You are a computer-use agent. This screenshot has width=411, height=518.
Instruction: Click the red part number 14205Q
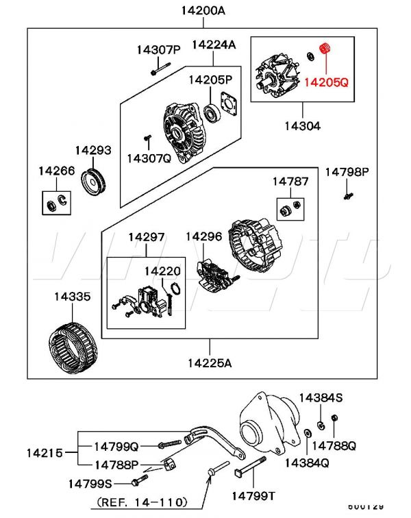[325, 82]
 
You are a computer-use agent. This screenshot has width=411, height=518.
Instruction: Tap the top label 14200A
[203, 10]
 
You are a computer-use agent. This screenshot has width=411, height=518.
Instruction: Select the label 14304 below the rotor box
[303, 126]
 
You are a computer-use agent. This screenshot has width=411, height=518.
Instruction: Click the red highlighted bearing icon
[325, 50]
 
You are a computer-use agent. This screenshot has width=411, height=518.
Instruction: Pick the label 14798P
[347, 171]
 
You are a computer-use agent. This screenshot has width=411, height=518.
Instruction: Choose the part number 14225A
[209, 363]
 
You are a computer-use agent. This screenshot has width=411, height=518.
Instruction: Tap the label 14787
[290, 182]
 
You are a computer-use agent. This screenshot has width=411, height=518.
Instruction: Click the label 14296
[203, 236]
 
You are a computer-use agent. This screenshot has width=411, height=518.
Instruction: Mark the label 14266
[57, 170]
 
